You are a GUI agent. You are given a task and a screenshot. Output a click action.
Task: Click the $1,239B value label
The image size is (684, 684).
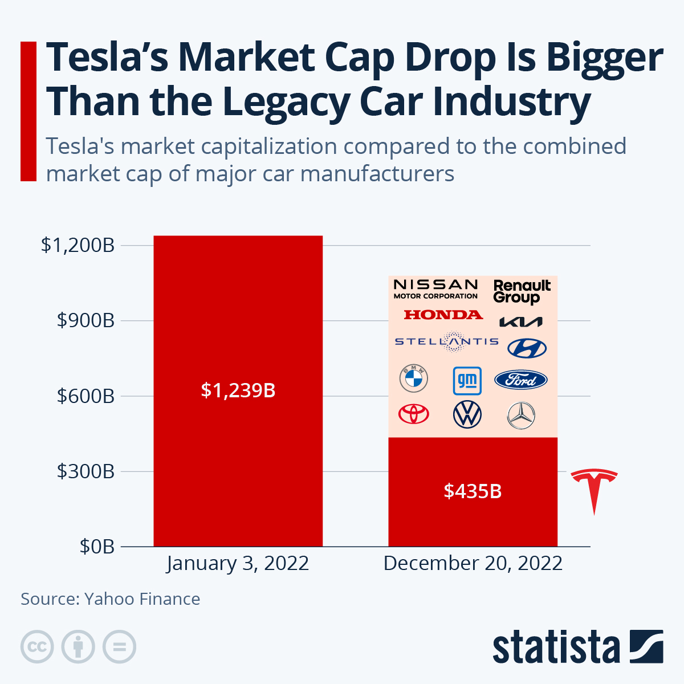tap(238, 390)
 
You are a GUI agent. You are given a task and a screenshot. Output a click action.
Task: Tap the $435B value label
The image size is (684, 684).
tap(473, 491)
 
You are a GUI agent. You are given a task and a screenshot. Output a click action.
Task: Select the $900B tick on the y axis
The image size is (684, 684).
tap(85, 321)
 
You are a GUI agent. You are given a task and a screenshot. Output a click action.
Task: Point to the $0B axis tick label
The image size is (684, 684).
tap(97, 547)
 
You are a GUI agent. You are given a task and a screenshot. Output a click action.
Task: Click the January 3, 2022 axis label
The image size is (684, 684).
tap(238, 563)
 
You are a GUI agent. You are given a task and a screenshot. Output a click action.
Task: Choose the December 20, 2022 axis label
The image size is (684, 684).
tap(473, 563)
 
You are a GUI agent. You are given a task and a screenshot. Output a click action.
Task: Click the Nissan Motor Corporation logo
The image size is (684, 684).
tap(435, 288)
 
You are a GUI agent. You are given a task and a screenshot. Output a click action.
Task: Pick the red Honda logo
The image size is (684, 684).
tap(443, 315)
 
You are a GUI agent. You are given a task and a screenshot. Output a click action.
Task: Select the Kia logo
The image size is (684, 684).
tap(520, 322)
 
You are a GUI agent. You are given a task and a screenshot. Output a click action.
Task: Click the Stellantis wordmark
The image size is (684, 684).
tap(446, 341)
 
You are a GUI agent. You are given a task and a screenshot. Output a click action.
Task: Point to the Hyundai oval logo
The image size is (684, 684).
tap(527, 348)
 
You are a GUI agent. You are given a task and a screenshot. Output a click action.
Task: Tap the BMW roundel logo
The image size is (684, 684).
tap(413, 378)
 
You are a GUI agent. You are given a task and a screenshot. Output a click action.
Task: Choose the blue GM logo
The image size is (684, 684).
tap(467, 380)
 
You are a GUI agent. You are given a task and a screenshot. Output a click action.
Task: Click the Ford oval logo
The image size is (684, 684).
tap(520, 380)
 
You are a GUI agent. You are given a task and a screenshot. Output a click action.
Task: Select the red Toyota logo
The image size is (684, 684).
tap(413, 414)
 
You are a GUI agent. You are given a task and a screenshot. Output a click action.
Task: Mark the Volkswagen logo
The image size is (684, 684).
tap(467, 414)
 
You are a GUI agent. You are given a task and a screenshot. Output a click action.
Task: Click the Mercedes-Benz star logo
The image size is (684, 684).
tap(520, 416)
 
